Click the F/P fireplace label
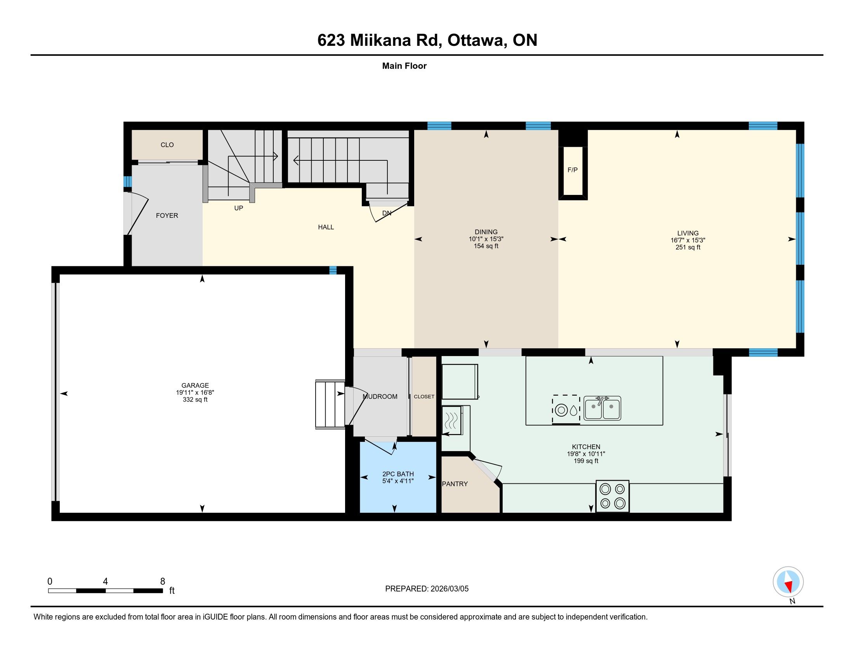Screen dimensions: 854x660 tap(573, 170)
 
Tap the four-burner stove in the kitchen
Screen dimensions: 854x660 tap(612, 496)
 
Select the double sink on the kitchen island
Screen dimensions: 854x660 tap(602, 408)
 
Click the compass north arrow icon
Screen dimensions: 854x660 tap(788, 582)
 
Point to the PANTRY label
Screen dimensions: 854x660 tap(455, 484)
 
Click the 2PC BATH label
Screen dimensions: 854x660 tap(398, 474)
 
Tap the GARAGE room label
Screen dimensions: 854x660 tap(195, 386)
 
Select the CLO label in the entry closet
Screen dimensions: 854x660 tap(167, 145)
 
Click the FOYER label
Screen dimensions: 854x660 tap(167, 215)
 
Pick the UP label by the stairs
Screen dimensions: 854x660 tap(238, 208)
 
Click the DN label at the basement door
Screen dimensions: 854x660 tap(387, 213)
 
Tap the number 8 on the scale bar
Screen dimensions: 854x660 tap(163, 582)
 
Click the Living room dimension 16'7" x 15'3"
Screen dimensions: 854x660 tap(688, 240)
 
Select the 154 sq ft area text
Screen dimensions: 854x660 tap(486, 246)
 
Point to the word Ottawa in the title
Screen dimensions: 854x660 tap(477, 40)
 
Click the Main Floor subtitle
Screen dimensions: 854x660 tap(404, 66)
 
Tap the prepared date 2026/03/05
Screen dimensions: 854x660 tap(450, 589)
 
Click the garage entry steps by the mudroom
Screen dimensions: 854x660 tap(330, 404)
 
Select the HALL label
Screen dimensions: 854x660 tap(326, 227)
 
